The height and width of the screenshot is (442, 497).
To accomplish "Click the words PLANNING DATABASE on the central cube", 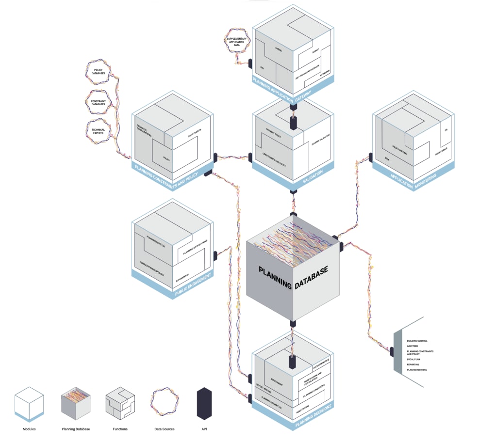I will pyautogui.click(x=293, y=277).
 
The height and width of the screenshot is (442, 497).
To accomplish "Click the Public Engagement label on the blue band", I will pyautogui.click(x=193, y=286).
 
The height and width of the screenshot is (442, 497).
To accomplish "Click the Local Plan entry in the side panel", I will pyautogui.click(x=414, y=359).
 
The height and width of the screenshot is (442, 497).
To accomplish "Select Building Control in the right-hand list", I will pyautogui.click(x=417, y=341).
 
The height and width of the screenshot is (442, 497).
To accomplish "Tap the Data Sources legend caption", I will pyautogui.click(x=165, y=429).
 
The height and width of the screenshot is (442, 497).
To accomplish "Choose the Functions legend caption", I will pyautogui.click(x=119, y=429).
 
